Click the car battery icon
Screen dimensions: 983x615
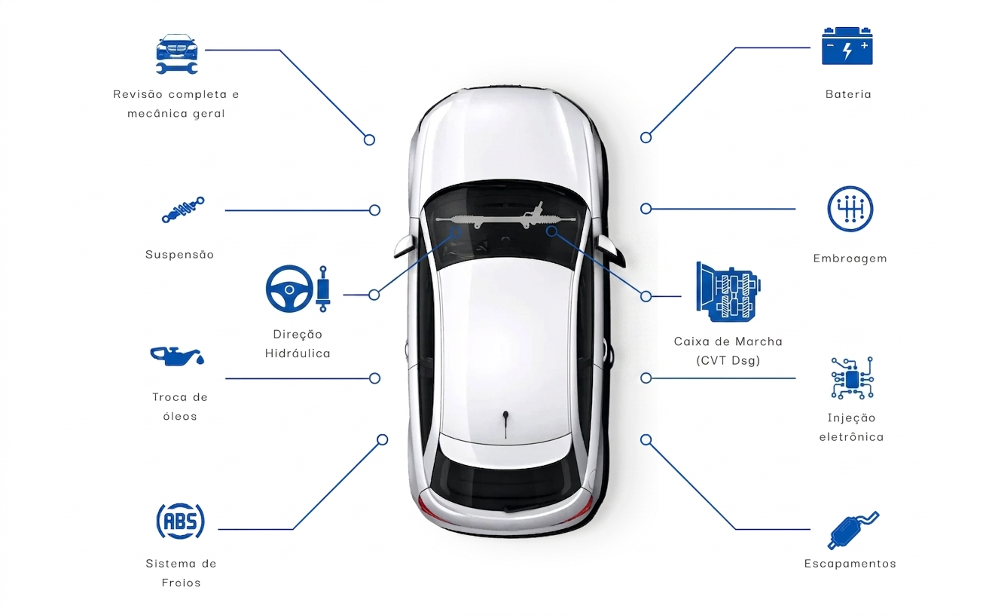[847, 46]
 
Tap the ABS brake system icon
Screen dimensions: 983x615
[180, 521]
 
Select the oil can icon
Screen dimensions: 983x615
[177, 356]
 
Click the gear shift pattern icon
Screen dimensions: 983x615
[850, 209]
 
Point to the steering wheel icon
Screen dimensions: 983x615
[289, 289]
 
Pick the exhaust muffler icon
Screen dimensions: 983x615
[853, 531]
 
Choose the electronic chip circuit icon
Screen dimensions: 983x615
[852, 378]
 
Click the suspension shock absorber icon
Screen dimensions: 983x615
[183, 210]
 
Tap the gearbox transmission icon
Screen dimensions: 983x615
[728, 292]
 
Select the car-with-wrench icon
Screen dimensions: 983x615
[177, 54]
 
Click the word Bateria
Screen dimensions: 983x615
[848, 94]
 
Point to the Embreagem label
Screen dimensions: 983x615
[850, 259]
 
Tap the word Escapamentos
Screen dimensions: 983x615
[850, 564]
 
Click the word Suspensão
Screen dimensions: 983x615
[179, 255]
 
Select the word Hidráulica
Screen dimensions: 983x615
[298, 353]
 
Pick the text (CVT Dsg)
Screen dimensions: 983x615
[728, 360]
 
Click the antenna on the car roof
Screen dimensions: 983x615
[505, 424]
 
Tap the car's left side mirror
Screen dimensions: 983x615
[404, 246]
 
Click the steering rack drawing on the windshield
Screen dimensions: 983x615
[505, 216]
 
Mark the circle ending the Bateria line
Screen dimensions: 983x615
[646, 138]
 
